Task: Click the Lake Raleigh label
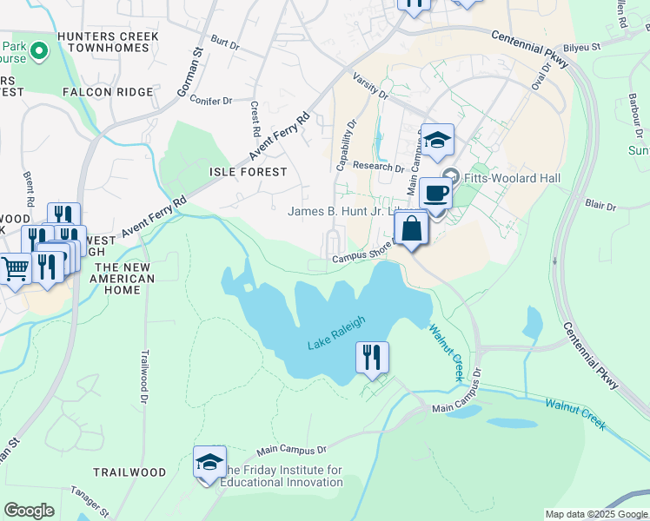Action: tap(336, 333)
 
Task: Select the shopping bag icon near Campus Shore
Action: tap(412, 230)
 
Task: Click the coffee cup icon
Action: tap(436, 193)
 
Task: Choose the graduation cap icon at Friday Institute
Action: tap(209, 462)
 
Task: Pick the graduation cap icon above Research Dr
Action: tap(438, 140)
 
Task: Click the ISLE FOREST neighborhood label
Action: tap(249, 172)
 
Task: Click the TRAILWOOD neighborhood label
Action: tap(130, 472)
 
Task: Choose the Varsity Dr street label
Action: tap(368, 87)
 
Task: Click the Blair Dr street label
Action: tap(600, 207)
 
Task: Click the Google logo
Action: tap(29, 511)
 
